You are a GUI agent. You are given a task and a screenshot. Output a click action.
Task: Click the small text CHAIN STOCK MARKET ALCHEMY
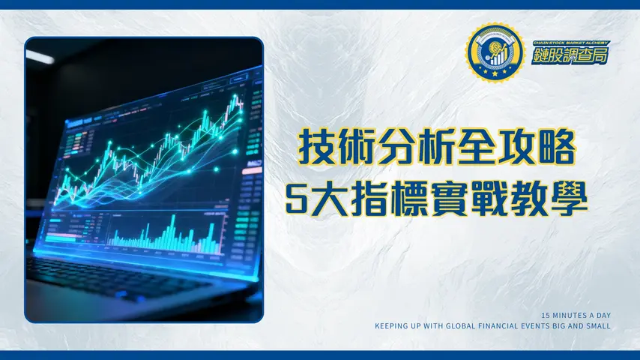(x=572, y=43)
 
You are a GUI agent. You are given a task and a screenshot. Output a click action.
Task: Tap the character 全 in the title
(x=477, y=147)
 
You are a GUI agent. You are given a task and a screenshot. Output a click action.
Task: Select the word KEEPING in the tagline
(x=392, y=326)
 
